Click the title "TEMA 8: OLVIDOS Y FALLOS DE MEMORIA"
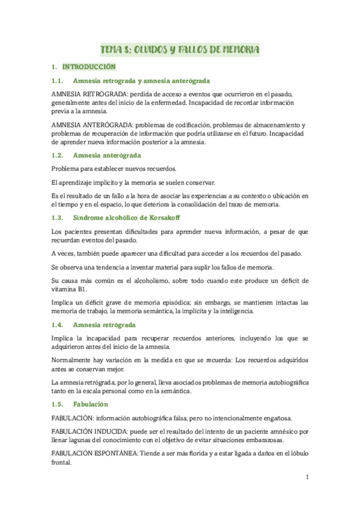pyautogui.click(x=179, y=49)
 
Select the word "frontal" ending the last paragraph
pyautogui.click(x=62, y=463)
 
